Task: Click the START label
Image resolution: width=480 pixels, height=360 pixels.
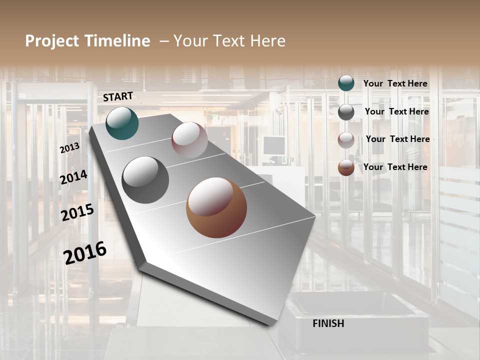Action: (118, 96)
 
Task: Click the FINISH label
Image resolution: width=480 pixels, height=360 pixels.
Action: (328, 323)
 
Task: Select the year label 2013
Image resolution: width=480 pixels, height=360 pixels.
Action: (69, 147)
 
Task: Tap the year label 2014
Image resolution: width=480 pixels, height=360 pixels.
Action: (73, 177)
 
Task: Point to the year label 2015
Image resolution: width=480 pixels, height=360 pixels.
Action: (77, 212)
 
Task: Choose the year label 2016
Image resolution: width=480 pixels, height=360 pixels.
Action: (85, 252)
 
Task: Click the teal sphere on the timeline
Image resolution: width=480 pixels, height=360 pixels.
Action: (122, 123)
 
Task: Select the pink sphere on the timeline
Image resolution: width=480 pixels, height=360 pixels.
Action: (189, 140)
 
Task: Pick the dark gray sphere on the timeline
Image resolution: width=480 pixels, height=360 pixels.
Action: (145, 180)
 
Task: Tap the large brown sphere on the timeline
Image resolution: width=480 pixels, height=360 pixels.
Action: (216, 207)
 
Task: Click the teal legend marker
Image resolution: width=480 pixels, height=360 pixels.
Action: (346, 83)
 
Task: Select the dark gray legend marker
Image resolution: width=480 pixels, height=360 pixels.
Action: (346, 112)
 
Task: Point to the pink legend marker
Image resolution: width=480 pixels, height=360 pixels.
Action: (346, 140)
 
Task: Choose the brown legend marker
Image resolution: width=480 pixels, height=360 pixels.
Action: (346, 167)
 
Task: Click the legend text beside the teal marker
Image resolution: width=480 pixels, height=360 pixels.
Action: (395, 83)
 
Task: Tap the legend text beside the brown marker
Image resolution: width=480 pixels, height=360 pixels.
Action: (395, 167)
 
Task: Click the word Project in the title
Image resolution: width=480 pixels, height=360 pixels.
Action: (52, 41)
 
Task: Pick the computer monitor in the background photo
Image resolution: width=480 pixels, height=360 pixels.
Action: (273, 145)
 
